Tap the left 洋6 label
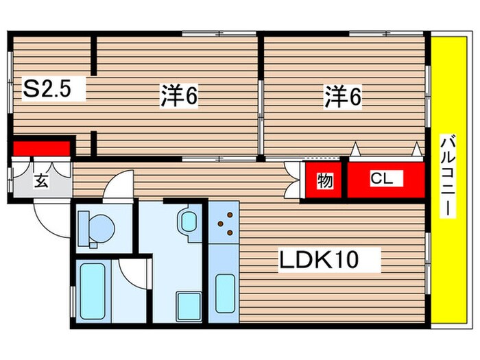click(180, 97)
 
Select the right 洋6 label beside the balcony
click(343, 97)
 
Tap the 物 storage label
click(324, 180)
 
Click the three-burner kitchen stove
click(224, 224)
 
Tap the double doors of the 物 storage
click(293, 180)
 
